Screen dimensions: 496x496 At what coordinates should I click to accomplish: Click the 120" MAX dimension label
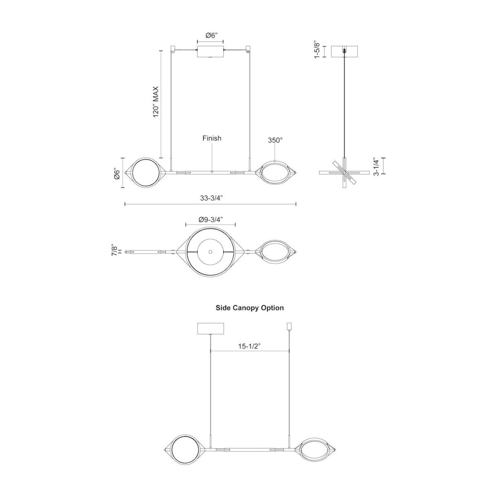click(156, 102)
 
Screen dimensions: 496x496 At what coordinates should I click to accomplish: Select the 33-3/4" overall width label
click(211, 198)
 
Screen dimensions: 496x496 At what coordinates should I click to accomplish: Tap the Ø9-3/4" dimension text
click(210, 219)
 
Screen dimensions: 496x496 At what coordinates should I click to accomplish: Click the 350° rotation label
click(275, 141)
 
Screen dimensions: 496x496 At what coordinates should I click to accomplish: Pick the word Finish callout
click(212, 138)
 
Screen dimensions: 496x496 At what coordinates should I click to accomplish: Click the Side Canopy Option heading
click(250, 308)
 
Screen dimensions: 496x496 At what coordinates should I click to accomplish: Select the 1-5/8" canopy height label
click(317, 50)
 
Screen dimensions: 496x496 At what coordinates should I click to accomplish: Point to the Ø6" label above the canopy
click(210, 36)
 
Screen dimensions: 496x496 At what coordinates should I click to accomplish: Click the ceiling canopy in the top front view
click(210, 52)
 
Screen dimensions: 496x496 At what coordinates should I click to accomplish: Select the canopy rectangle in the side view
click(344, 50)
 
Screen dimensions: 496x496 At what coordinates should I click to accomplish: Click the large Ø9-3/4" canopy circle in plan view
click(210, 252)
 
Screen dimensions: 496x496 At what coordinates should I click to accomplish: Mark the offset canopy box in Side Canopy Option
click(211, 329)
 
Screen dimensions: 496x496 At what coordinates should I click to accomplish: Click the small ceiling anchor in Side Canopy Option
click(289, 327)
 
